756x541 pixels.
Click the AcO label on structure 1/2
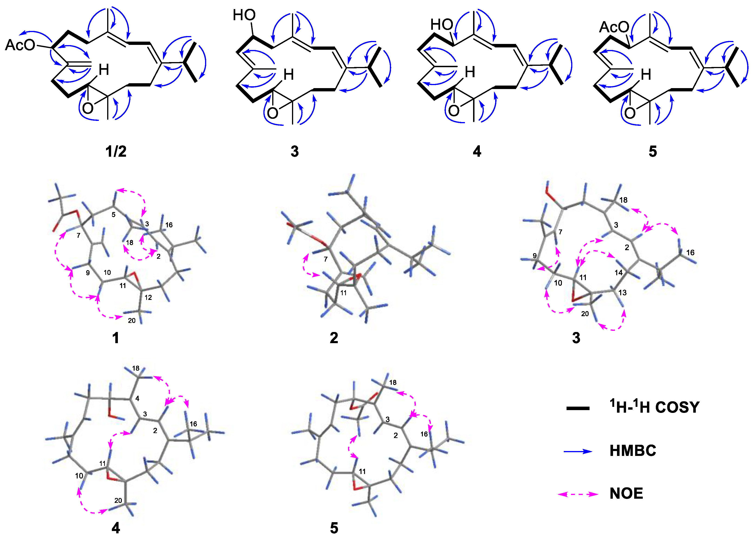click(20, 45)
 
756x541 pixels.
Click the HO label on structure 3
click(244, 15)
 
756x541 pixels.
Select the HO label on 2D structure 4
click(442, 24)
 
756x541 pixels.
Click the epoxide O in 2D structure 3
click(272, 113)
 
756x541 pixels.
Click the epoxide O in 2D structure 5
click(630, 113)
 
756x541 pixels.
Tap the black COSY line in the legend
click(578, 408)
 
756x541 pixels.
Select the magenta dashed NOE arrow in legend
click(578, 494)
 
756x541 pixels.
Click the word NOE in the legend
click(626, 493)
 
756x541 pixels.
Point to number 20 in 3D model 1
click(132, 320)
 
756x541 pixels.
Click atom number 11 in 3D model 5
click(362, 471)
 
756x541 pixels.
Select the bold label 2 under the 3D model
click(334, 338)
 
